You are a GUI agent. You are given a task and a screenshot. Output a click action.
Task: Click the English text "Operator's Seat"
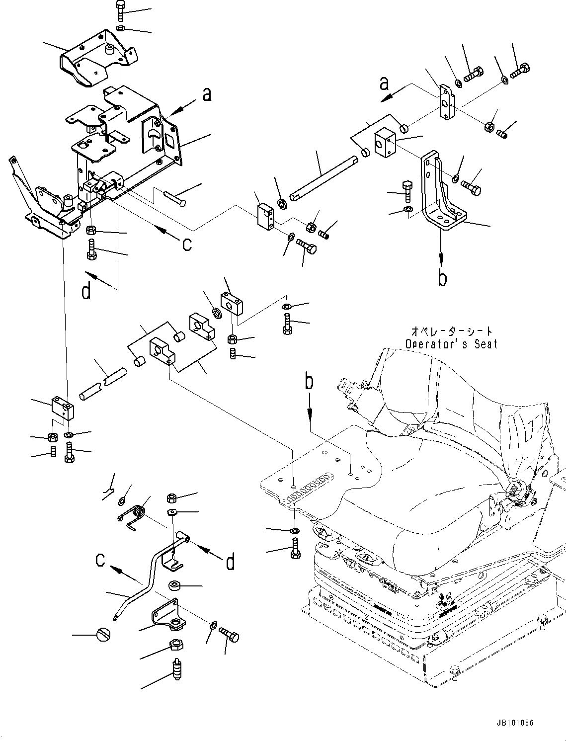(451, 344)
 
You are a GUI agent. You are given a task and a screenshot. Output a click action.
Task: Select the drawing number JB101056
(513, 723)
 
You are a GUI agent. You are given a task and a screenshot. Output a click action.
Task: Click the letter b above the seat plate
(309, 382)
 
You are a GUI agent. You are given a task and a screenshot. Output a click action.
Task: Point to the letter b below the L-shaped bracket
(442, 278)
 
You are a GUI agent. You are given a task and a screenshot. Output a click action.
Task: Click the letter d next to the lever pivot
(230, 562)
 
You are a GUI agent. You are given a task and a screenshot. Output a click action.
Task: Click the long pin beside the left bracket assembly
(168, 197)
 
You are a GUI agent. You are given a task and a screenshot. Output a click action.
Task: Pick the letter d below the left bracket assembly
(86, 292)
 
